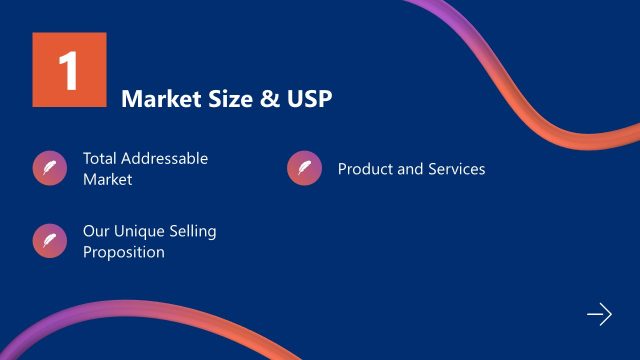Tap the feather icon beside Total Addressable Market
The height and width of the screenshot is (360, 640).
point(49,168)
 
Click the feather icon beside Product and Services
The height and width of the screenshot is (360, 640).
point(304,168)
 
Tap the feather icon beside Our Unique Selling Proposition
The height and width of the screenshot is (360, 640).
point(49,241)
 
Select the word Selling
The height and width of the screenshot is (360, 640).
point(194,232)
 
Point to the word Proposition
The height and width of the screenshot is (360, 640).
point(124,252)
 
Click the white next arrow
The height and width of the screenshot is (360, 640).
point(598,315)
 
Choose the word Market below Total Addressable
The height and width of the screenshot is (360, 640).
point(108,180)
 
